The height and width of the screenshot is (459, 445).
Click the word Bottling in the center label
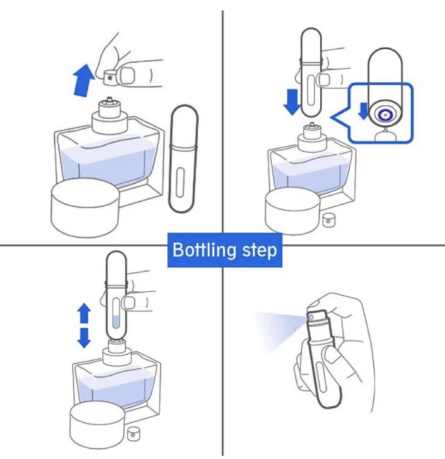pyautogui.click(x=204, y=250)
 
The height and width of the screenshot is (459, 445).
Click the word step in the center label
pyautogui.click(x=260, y=251)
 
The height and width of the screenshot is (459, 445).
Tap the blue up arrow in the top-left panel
pyautogui.click(x=84, y=80)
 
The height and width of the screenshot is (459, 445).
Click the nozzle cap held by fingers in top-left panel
pyautogui.click(x=110, y=77)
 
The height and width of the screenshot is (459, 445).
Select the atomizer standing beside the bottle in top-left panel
pyautogui.click(x=184, y=158)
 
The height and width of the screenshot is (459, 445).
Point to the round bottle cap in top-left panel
pyautogui.click(x=85, y=208)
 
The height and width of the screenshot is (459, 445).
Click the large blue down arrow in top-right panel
pyautogui.click(x=292, y=102)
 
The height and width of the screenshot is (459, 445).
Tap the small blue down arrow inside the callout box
pyautogui.click(x=364, y=111)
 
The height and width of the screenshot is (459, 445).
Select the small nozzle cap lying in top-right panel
pyautogui.click(x=329, y=220)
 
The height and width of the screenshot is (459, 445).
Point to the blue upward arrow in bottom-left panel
pyautogui.click(x=84, y=313)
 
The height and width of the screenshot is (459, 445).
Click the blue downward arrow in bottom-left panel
pyautogui.click(x=84, y=338)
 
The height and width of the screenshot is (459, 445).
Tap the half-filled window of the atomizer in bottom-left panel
pyautogui.click(x=116, y=313)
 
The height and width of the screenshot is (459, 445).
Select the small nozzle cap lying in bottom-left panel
pyautogui.click(x=134, y=434)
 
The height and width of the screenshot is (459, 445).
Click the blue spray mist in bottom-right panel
pyautogui.click(x=278, y=330)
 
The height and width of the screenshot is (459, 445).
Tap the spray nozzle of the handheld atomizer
pyautogui.click(x=311, y=317)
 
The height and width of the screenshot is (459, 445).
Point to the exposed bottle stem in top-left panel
pyautogui.click(x=110, y=99)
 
